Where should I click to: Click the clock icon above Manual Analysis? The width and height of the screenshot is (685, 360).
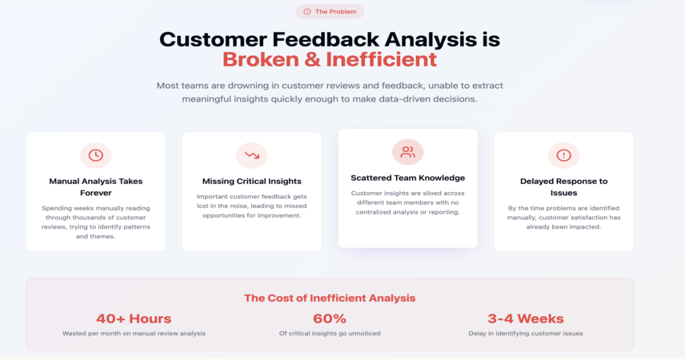96,155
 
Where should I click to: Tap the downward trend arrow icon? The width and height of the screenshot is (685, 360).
251,155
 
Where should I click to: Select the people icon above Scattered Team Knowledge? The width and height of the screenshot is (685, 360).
407,152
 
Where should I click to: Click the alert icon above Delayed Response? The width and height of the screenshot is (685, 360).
563,155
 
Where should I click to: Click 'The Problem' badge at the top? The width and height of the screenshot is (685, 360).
330,12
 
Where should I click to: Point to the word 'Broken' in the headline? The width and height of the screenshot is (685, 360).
260,59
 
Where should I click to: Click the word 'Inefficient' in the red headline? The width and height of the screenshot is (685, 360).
382,59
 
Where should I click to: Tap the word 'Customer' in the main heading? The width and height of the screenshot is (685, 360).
213,40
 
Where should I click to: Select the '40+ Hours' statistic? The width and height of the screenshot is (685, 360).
134,318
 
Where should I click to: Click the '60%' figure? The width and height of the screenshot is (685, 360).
330,318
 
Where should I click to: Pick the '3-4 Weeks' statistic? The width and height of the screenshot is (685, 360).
526,318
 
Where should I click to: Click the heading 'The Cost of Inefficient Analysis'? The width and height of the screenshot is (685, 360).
330,298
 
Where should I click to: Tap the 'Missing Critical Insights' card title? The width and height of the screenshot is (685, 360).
251,182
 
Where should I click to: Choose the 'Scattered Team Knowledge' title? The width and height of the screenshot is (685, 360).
407,178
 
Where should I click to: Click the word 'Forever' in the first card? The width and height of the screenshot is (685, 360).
96,193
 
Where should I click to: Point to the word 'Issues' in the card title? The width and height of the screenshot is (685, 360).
563,193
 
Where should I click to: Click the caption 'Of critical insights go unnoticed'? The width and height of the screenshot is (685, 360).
330,334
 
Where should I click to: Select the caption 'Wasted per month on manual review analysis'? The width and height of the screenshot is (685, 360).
134,334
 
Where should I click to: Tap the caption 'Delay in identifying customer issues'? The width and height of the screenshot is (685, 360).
526,334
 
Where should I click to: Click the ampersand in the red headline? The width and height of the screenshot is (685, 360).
312,59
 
